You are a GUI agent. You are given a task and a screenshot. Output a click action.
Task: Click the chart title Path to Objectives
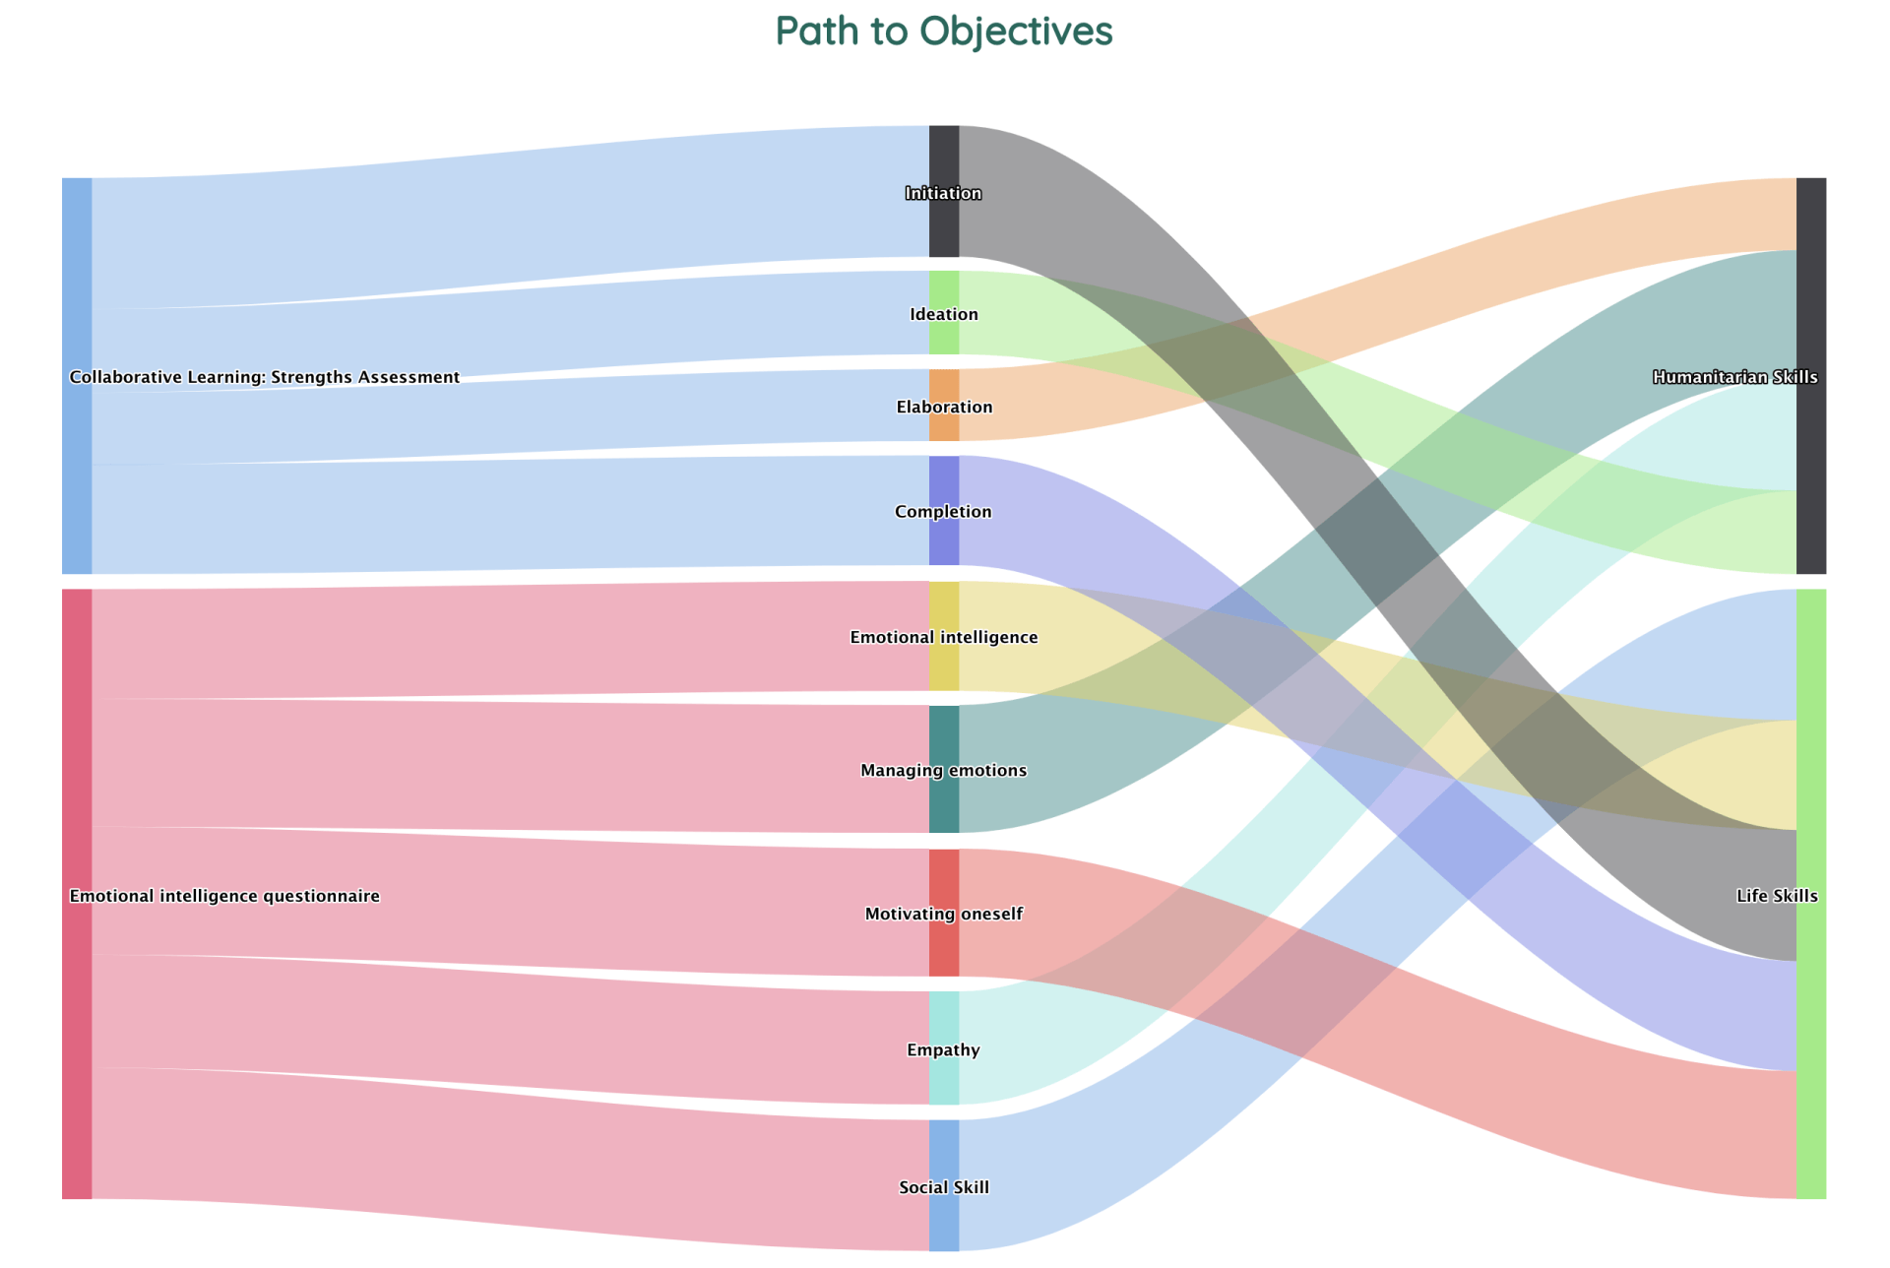point(944,31)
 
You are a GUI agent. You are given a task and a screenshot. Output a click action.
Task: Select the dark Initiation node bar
point(944,191)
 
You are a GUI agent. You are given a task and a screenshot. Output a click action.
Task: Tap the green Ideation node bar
point(944,313)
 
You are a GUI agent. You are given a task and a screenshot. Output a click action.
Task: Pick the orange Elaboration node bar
point(944,406)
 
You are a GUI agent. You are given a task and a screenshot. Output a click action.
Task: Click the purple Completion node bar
point(944,511)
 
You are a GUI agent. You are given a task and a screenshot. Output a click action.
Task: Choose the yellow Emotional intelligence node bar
point(944,636)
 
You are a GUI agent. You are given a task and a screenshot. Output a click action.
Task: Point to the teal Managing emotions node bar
point(944,769)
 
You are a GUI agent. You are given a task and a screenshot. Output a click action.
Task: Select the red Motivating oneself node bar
point(944,913)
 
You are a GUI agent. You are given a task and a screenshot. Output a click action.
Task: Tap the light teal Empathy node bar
point(944,1048)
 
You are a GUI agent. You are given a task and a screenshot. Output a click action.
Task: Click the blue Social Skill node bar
point(944,1185)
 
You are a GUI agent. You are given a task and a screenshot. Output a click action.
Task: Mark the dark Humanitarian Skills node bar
point(1811,376)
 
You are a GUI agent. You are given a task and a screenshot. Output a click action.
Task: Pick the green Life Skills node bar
point(1811,894)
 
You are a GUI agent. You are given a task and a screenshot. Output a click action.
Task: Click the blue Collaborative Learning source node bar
point(77,376)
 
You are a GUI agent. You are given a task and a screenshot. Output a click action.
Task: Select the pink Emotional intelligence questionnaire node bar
point(77,894)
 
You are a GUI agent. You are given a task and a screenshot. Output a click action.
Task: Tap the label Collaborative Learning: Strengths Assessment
point(265,377)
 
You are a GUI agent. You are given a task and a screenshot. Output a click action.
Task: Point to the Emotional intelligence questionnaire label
point(224,896)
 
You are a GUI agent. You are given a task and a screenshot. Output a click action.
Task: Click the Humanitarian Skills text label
point(1735,377)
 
